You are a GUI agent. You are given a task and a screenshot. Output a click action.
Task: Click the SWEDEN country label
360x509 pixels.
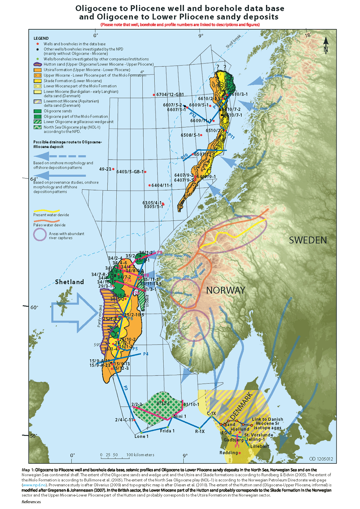(x=308, y=240)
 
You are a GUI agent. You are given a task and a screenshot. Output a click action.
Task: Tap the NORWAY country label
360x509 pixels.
(x=226, y=290)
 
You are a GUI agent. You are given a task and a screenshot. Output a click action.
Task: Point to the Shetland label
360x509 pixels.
(x=69, y=282)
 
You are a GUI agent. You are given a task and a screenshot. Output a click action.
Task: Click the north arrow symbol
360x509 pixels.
(x=326, y=45)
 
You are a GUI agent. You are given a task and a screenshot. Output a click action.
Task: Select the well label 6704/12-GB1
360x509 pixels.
(x=170, y=95)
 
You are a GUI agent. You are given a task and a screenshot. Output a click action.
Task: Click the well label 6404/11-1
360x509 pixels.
(x=162, y=185)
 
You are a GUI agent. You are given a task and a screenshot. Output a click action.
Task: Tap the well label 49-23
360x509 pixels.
(x=105, y=169)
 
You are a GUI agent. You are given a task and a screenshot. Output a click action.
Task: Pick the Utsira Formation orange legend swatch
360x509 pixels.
(x=37, y=70)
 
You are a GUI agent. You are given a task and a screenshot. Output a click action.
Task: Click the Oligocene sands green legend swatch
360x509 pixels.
(x=37, y=111)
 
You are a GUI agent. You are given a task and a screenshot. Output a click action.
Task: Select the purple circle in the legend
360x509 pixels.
(x=40, y=234)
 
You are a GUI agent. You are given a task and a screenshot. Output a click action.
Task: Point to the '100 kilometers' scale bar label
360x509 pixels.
(x=140, y=455)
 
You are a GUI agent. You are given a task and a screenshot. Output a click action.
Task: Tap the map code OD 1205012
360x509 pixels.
(x=321, y=459)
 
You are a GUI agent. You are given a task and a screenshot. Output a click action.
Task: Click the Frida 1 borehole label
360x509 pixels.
(x=167, y=431)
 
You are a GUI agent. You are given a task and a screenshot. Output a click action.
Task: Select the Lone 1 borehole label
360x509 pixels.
(x=141, y=436)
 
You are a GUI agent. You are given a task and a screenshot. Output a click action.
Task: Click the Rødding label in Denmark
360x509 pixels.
(x=229, y=453)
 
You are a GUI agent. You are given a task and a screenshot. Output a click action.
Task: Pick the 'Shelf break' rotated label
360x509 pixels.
(x=233, y=42)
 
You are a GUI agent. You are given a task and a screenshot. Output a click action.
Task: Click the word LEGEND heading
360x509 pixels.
(x=41, y=38)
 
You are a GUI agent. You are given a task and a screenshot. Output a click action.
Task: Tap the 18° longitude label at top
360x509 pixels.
(x=308, y=35)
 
